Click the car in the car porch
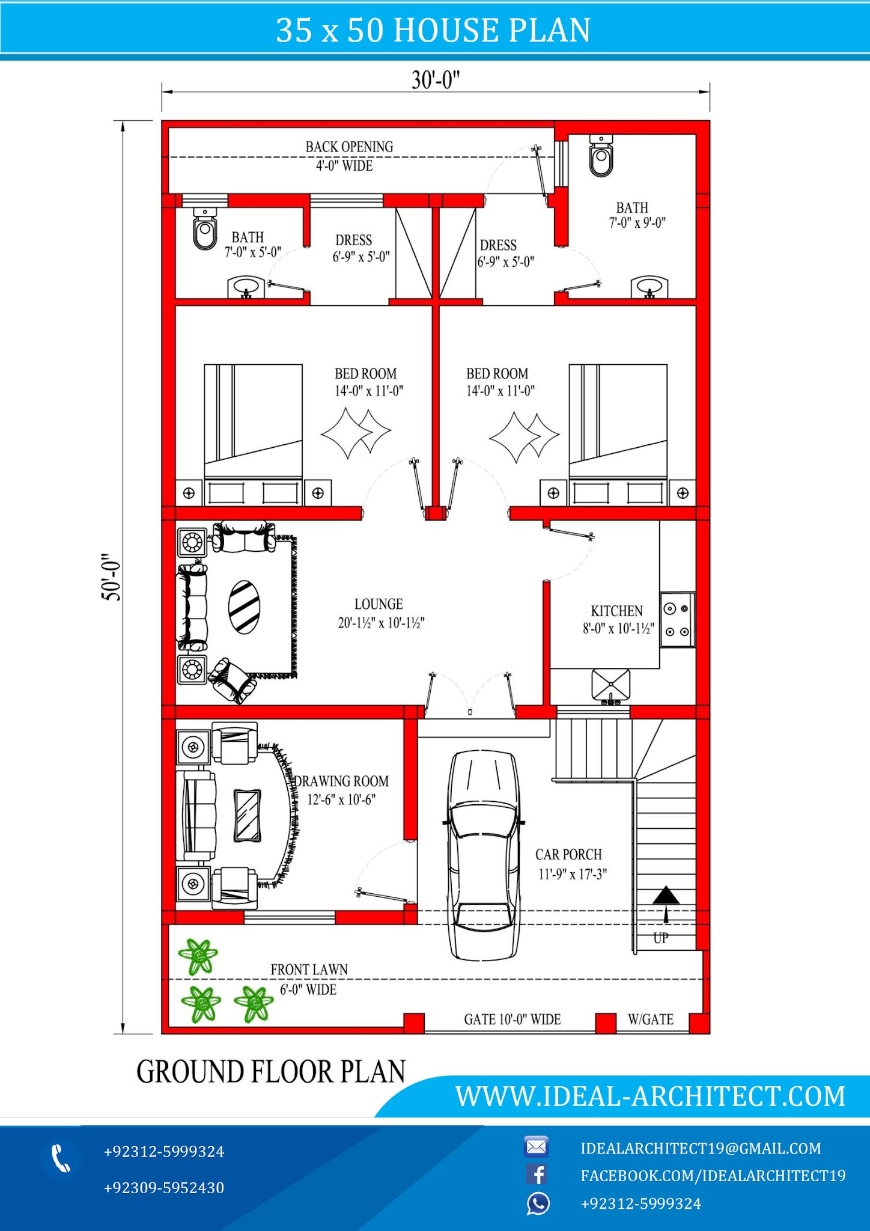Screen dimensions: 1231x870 [483, 854]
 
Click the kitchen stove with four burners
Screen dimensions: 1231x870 [677, 620]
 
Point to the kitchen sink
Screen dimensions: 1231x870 [610, 685]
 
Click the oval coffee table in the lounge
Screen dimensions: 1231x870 [245, 606]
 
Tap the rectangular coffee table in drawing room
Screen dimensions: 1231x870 [247, 816]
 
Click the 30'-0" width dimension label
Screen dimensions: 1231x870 [436, 79]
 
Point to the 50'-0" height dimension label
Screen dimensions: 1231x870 [111, 577]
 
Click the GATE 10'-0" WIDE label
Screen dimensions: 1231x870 [512, 1019]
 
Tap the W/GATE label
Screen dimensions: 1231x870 [650, 1019]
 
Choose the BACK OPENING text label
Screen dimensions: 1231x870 [349, 147]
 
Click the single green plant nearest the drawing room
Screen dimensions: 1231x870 [198, 956]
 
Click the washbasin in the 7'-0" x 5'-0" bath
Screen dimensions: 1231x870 [245, 287]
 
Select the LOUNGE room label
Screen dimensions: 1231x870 [379, 604]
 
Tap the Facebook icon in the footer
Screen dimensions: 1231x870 [537, 1174]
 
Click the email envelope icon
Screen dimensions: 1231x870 [536, 1147]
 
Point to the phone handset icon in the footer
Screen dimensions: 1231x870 [61, 1158]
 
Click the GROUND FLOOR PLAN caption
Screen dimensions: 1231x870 [271, 1072]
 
